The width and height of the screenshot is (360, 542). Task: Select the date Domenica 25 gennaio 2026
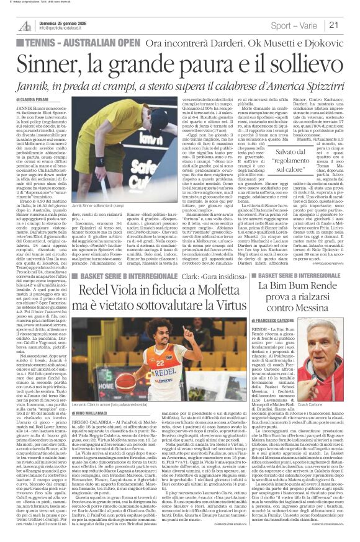pos(58,20)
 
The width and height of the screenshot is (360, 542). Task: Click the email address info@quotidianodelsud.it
pos(61,29)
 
